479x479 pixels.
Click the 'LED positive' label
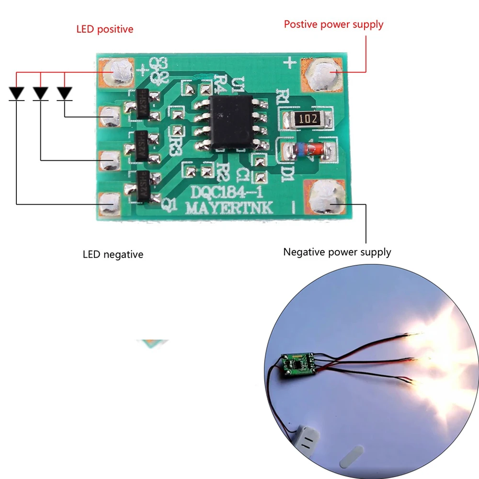click(104, 29)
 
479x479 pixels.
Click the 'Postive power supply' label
click(333, 24)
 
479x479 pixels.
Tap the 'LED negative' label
click(113, 254)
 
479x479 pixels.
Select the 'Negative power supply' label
click(337, 251)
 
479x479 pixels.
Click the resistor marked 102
click(306, 119)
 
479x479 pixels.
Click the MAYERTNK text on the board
click(229, 208)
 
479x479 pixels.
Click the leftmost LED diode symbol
click(17, 93)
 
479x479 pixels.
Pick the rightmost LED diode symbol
click(64, 93)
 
